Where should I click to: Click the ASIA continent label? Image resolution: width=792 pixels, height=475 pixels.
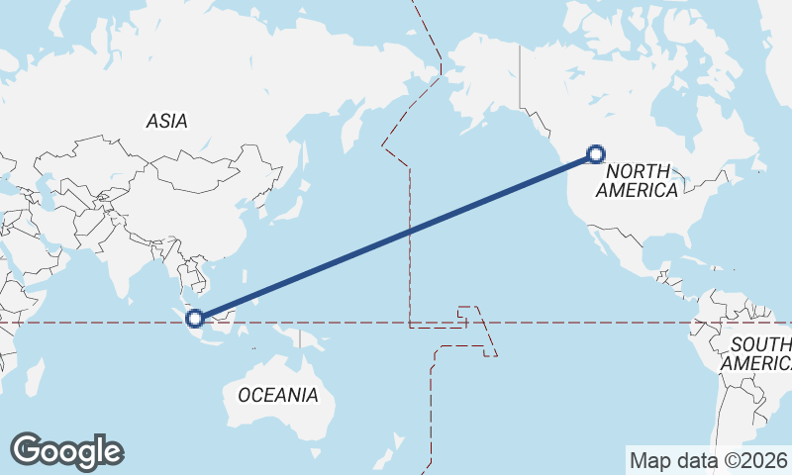point(166,121)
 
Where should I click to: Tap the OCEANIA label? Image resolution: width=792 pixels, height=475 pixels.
point(278,395)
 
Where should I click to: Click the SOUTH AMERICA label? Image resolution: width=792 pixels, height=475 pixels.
point(760,353)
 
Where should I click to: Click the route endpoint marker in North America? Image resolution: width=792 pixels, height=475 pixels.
point(595,153)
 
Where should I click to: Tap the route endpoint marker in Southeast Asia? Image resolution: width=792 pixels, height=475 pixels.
point(195,318)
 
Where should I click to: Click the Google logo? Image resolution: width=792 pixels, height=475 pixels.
point(66,451)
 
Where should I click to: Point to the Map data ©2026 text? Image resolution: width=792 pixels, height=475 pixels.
point(709,460)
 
